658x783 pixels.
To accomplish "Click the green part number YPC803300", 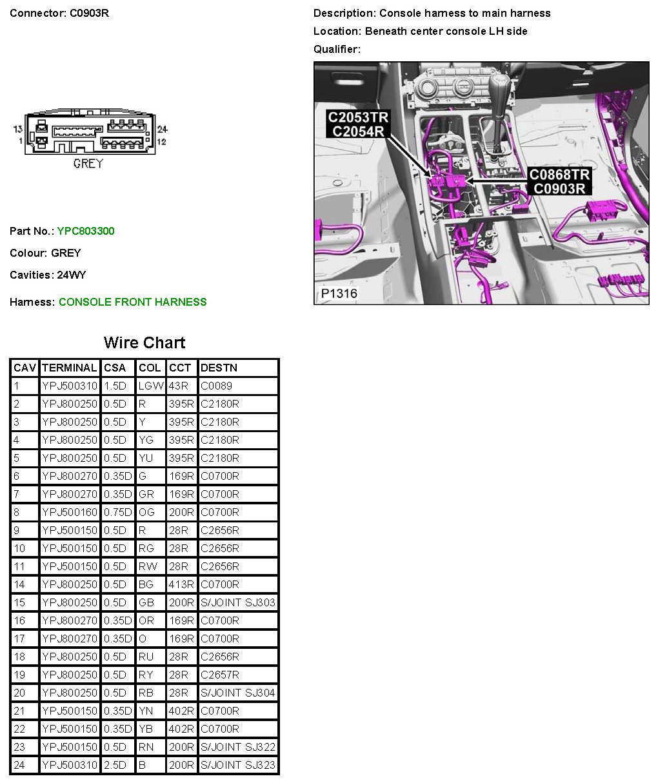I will coord(86,231).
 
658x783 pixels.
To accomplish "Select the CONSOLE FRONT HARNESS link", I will coord(132,302).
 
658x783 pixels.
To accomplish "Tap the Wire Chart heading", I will coord(145,342).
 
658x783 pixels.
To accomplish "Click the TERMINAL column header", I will coord(69,368).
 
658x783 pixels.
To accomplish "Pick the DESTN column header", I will coord(219,368).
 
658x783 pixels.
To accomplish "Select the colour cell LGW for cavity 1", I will coord(150,386).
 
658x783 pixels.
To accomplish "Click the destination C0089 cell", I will coord(217,386).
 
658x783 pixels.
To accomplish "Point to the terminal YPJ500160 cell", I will coord(69,512).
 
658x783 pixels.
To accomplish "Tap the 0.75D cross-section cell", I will coord(117,512).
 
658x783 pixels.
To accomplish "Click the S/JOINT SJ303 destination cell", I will coord(238,602).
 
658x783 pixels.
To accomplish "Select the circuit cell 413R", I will coord(181,584).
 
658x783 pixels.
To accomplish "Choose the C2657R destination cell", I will coord(220,675).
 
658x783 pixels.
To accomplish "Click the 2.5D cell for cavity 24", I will coord(115,765).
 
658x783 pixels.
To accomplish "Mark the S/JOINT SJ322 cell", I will coord(238,747).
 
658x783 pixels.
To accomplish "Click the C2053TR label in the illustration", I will coord(358,117).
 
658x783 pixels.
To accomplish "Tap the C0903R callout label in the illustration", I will coord(559,188).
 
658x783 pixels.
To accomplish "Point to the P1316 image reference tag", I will coord(339,293).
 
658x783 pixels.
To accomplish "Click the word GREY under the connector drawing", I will coord(88,164).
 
